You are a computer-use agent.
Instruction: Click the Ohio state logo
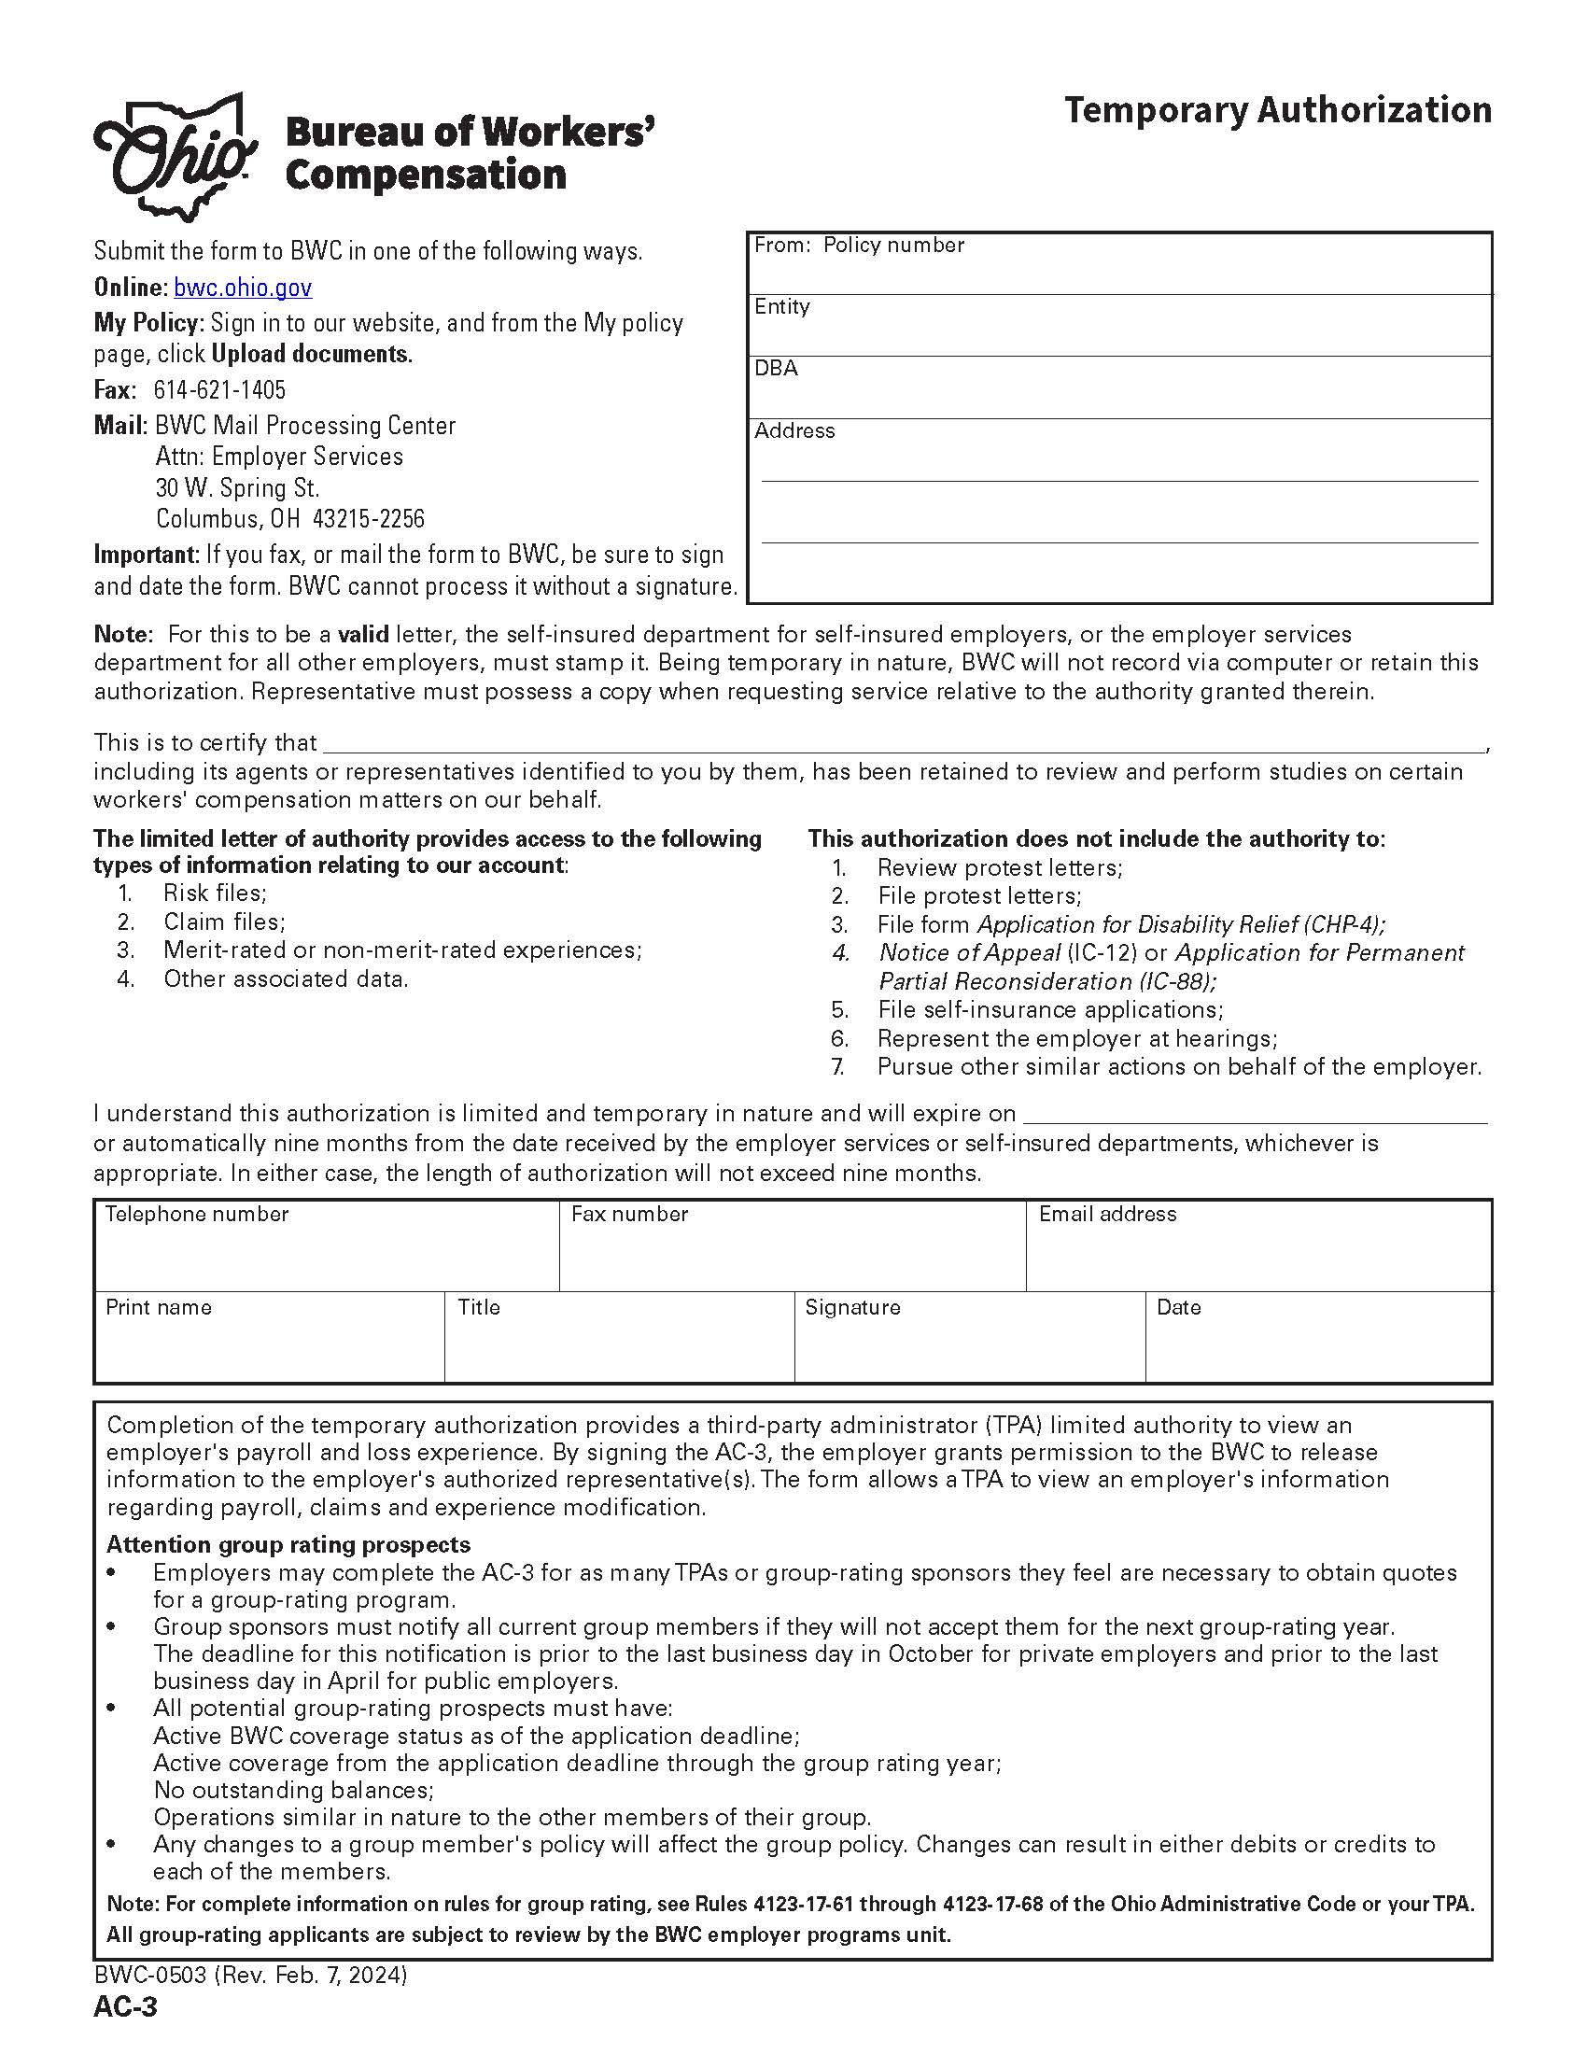[x=175, y=156]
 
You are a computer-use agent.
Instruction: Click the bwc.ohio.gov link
[x=243, y=288]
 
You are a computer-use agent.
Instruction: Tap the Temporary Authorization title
[x=1277, y=110]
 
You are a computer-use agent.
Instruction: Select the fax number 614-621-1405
[x=219, y=389]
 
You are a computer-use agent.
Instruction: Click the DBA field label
[x=776, y=369]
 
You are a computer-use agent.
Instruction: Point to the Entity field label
[x=781, y=306]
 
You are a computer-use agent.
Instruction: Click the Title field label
[x=479, y=1307]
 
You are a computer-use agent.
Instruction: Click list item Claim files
[x=224, y=921]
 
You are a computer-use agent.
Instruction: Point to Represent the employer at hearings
[x=1076, y=1038]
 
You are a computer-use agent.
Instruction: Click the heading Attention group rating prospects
[x=288, y=1544]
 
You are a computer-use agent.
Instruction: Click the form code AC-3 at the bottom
[x=125, y=2007]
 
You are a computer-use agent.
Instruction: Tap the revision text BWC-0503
[x=150, y=1975]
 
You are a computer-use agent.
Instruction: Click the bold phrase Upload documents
[x=311, y=355]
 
